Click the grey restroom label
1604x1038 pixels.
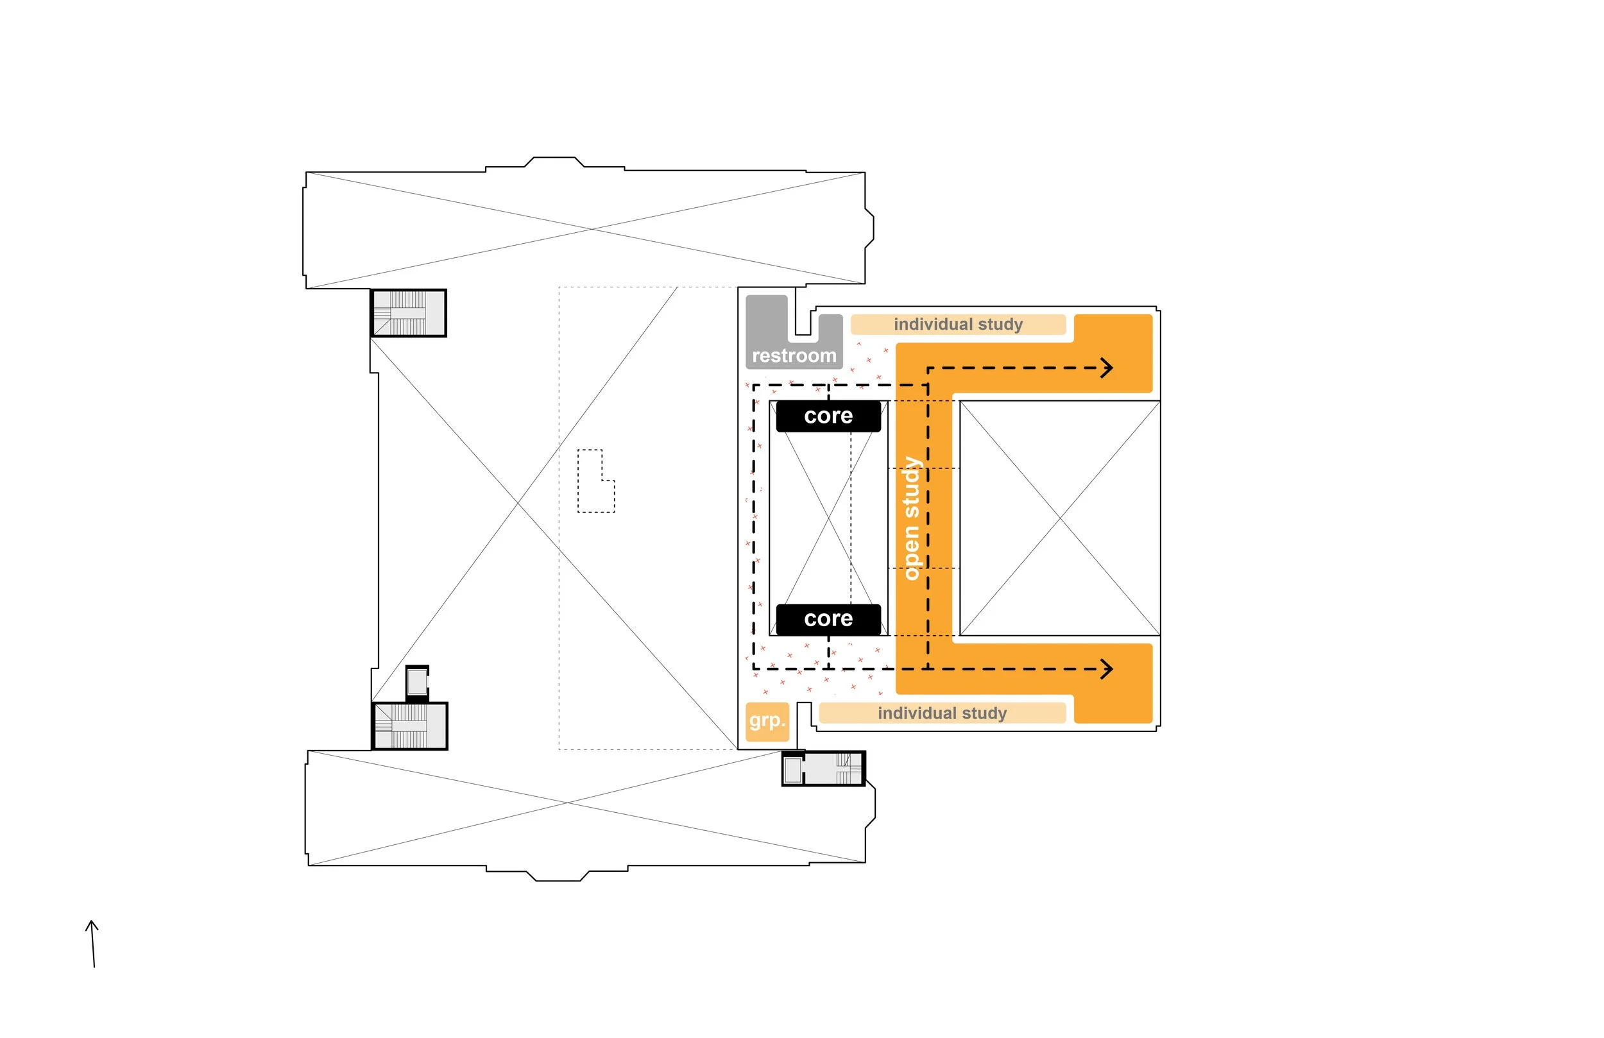click(x=794, y=356)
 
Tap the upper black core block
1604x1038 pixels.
click(x=828, y=416)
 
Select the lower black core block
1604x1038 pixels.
click(x=828, y=618)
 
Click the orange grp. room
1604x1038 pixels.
click(x=767, y=721)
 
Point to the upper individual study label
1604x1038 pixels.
click(x=958, y=324)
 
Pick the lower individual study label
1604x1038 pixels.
click(x=941, y=713)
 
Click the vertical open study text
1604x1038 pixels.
click(x=910, y=518)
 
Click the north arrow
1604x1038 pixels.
click(x=93, y=944)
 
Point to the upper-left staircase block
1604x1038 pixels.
click(x=409, y=314)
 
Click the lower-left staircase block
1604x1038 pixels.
click(x=410, y=726)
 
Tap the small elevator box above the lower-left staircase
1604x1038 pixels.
click(x=417, y=683)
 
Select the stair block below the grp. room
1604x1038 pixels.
click(x=823, y=769)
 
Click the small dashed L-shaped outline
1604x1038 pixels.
click(x=596, y=481)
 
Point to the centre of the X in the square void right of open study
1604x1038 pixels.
click(x=1060, y=518)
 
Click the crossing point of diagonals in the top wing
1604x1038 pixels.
click(x=592, y=229)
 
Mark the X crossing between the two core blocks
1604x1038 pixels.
click(x=828, y=518)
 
